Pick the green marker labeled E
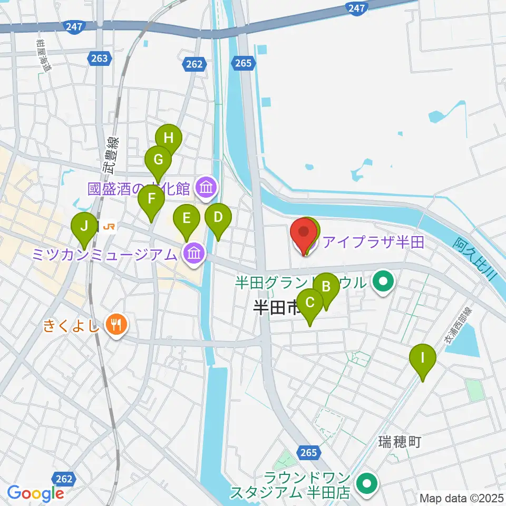coord(186,218)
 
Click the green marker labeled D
coord(218,217)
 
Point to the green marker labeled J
coord(84,226)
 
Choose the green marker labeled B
coord(326,287)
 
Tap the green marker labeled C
coord(310,303)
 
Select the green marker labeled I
coord(423,357)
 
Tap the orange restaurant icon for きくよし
coord(114,324)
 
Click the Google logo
coord(35,493)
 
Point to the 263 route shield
coord(102,59)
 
